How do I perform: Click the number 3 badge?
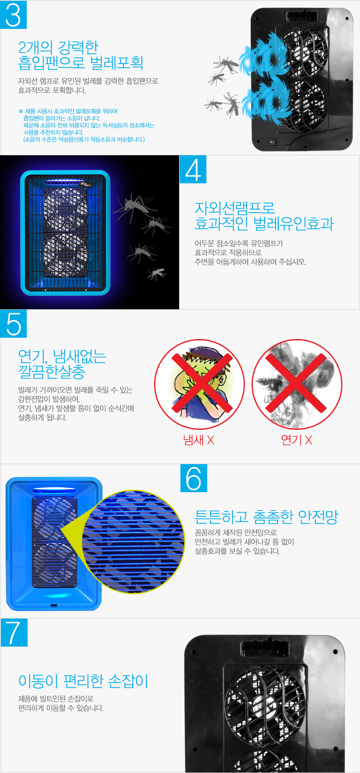13,15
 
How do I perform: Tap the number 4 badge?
193,169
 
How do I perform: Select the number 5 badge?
13,324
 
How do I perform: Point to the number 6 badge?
193,478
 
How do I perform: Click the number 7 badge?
14,632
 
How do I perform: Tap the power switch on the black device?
273,142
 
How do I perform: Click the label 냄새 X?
198,440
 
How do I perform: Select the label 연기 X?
296,440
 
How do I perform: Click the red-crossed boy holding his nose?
199,384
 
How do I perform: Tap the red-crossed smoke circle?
297,384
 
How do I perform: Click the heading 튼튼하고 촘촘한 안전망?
266,517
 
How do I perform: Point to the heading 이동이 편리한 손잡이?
83,681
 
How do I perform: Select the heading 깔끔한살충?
51,371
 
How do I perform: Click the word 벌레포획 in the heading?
117,63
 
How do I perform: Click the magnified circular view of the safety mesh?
133,542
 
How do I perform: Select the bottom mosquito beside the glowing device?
157,274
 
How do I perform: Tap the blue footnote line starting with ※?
68,111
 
